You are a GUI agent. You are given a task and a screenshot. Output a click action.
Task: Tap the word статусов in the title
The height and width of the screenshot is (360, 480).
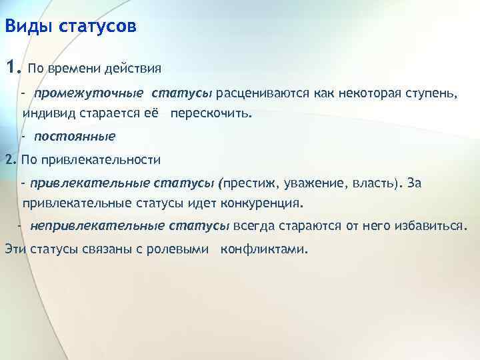tap(97, 27)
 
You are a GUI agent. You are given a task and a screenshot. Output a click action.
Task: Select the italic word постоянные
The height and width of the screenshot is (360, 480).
tap(75, 136)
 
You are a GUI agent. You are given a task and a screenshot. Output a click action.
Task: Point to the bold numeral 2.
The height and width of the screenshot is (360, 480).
tap(9, 159)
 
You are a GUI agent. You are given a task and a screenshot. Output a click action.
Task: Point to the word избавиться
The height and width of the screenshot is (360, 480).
tap(431, 225)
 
